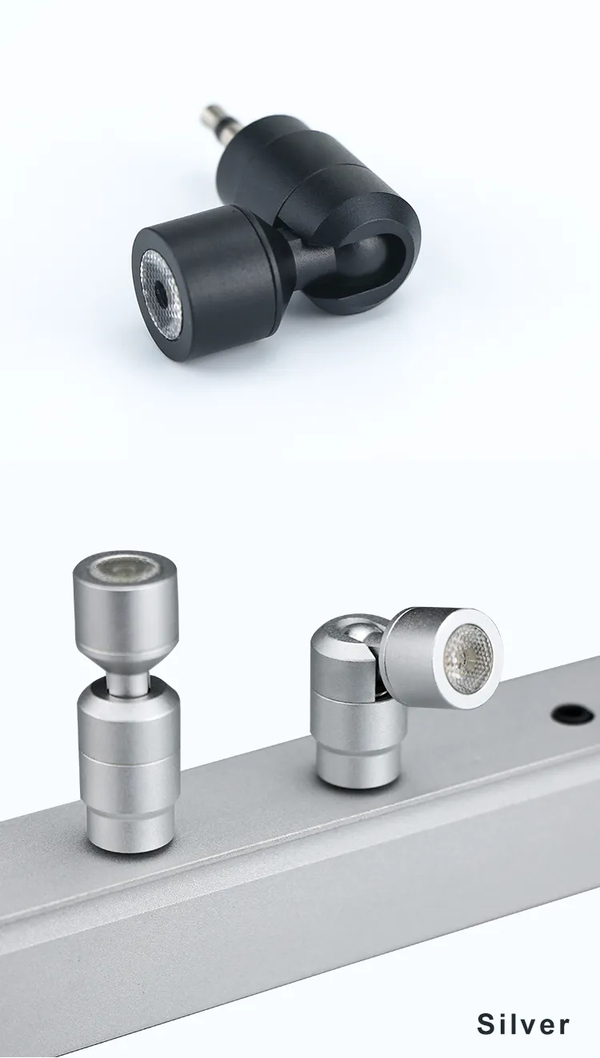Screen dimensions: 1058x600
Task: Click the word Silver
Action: click(523, 1024)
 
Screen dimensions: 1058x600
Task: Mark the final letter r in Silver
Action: click(564, 1026)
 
